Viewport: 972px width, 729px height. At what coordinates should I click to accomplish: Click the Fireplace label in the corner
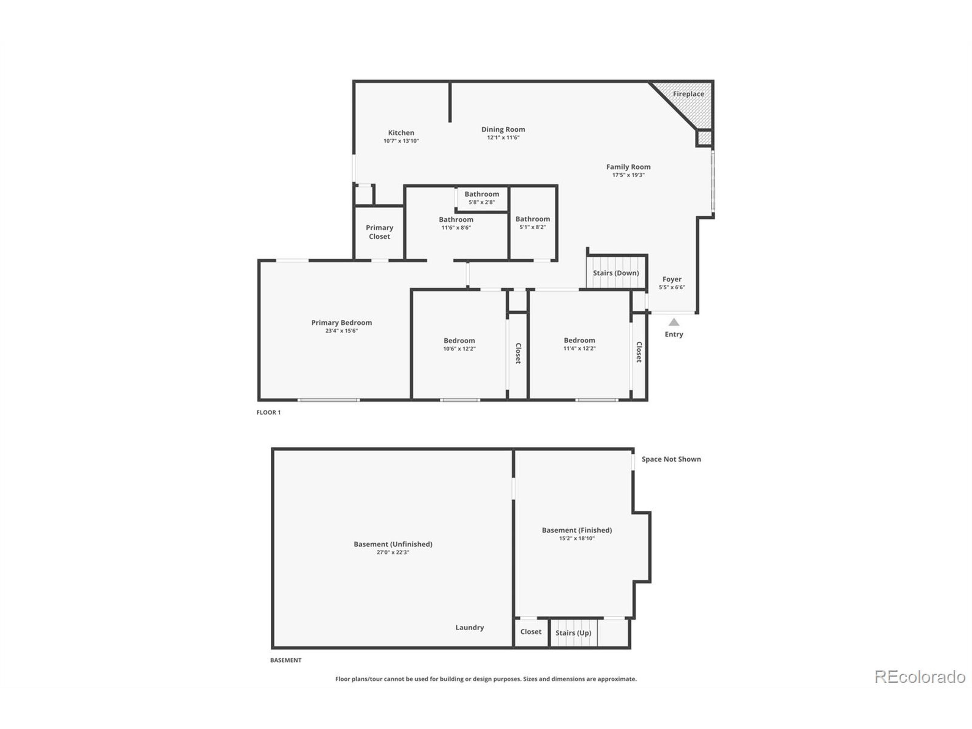pos(688,94)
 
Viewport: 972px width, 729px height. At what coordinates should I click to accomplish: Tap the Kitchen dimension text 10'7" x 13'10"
pos(401,141)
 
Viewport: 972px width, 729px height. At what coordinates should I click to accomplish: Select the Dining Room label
pos(503,129)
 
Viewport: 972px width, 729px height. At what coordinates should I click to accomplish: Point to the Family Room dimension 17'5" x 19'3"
pos(628,175)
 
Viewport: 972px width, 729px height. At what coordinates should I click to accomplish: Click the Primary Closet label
pos(379,232)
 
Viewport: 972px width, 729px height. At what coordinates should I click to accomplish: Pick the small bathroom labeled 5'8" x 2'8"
pos(481,198)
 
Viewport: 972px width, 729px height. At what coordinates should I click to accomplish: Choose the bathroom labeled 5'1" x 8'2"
pos(533,223)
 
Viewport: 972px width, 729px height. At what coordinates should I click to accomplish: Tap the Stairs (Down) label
pos(615,273)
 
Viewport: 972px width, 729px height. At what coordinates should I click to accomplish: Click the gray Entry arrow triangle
pos(674,322)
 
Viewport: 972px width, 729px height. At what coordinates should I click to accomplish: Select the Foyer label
pos(672,279)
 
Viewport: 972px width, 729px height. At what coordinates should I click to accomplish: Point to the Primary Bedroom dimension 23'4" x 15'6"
pos(341,331)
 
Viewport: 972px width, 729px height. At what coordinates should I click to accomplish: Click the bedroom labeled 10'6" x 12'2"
pos(459,344)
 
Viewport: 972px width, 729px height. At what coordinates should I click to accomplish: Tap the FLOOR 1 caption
pos(268,412)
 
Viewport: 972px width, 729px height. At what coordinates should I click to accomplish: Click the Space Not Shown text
pos(671,459)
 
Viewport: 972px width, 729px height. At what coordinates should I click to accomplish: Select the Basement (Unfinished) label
pos(393,544)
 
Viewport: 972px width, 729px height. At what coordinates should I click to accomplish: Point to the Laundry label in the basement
pos(469,628)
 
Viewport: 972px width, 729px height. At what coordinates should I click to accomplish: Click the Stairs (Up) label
pos(573,633)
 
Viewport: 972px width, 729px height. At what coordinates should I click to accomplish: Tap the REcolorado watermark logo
pos(920,677)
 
